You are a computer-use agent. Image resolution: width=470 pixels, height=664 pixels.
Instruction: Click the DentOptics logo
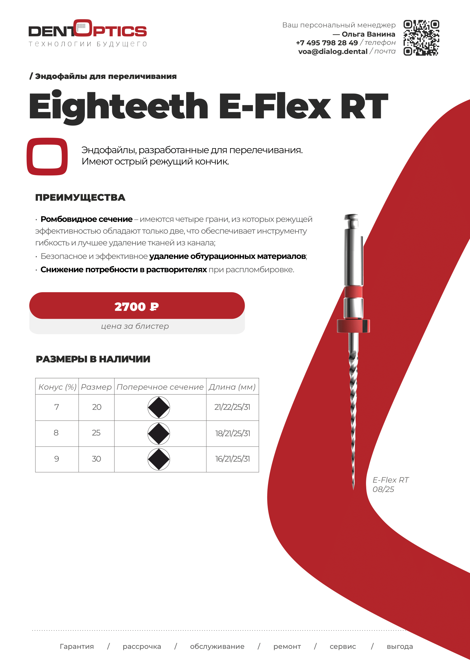point(88,33)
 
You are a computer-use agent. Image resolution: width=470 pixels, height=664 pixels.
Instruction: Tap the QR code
point(421,37)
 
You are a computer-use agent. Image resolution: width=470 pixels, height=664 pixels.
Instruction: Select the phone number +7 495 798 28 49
point(327,43)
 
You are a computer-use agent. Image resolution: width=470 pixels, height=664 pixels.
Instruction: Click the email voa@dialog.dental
point(333,51)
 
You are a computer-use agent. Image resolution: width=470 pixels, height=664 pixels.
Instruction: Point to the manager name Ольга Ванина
point(369,34)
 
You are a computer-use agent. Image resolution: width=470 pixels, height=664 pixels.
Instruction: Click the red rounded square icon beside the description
point(47,156)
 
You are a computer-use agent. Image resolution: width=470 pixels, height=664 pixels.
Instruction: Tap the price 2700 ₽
point(137,307)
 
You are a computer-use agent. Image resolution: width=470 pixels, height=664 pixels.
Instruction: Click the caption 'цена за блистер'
point(135,326)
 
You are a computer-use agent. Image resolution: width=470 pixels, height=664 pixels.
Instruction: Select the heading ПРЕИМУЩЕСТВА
point(80,198)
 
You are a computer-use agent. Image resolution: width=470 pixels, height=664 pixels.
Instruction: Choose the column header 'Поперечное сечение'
point(160,387)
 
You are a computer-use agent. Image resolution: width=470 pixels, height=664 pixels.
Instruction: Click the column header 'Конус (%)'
point(57,387)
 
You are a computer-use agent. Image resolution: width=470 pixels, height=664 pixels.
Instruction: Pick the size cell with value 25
point(96,433)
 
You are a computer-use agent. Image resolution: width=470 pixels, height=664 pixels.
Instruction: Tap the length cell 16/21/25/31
point(232,459)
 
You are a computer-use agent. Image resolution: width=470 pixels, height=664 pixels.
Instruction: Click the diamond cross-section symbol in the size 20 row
point(159,407)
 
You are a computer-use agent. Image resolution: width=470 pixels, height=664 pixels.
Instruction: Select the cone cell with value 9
point(57,459)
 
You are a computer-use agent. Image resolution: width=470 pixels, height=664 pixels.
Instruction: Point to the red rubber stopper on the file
point(353,326)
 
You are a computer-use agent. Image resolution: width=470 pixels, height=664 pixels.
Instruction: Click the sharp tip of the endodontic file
point(353,489)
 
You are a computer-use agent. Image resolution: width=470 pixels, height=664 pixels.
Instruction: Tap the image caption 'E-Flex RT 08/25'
point(390,485)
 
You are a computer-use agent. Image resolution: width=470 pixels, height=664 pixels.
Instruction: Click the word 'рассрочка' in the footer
point(142,647)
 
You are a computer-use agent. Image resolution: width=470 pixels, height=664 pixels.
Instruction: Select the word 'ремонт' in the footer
point(287,647)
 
